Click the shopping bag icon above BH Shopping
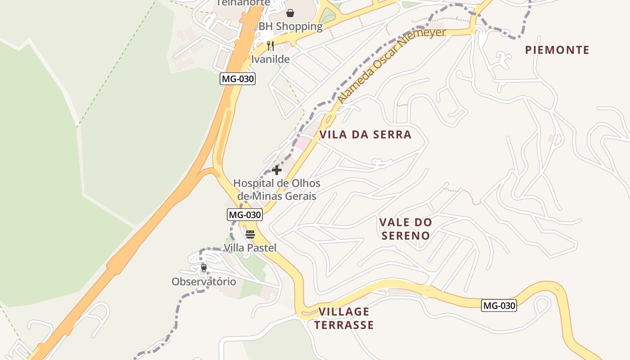coord(290,13)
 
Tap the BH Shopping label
coord(290,27)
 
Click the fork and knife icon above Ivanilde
coord(270,46)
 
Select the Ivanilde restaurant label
coord(270,59)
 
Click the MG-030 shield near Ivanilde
coord(238,79)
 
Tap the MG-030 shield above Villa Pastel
coord(244,215)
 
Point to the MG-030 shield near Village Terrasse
coord(499,306)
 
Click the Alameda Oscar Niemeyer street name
coord(391,65)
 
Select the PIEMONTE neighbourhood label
coord(557,50)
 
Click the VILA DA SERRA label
coord(365,135)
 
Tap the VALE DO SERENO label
coord(405,229)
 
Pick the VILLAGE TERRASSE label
coord(344,318)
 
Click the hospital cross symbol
coord(277,170)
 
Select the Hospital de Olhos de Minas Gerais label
coord(277,190)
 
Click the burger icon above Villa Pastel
coord(250,234)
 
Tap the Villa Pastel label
coord(250,248)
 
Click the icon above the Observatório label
coord(204,268)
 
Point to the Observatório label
coord(203,282)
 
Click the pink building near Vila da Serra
coord(302,144)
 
